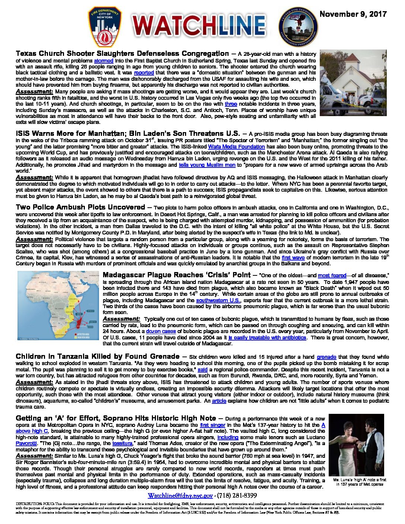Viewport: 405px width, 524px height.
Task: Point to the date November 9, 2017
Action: (353, 14)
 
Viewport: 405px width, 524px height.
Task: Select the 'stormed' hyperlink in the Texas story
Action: (101, 60)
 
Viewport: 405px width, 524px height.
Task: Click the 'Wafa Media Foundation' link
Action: (236, 147)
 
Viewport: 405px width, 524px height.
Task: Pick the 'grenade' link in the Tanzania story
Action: (326, 357)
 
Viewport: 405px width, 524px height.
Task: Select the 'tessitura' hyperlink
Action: (122, 444)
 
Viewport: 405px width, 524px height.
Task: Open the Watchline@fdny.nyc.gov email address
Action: (181, 496)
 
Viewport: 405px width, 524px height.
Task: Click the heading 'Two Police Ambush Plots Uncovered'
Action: (80, 207)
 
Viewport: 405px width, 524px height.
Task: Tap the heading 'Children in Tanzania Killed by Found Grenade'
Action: (98, 357)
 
